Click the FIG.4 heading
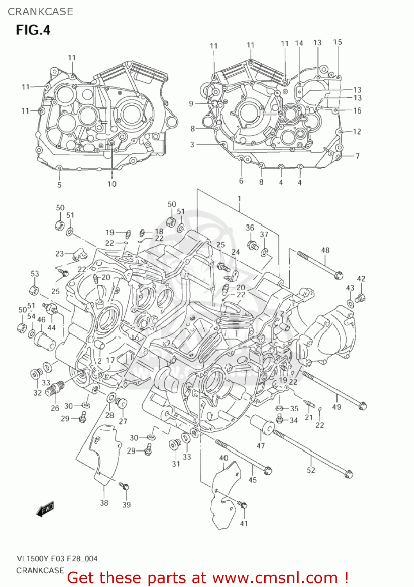(33, 30)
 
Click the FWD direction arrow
(45, 510)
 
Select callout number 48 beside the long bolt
(325, 250)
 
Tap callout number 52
(311, 470)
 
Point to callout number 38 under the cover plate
(104, 503)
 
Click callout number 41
(244, 523)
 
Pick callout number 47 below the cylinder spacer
(261, 446)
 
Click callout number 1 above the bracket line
(239, 199)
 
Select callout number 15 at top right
(337, 42)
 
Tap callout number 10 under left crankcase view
(112, 184)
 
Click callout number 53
(35, 274)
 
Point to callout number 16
(357, 111)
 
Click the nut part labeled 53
(34, 290)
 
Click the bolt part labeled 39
(124, 486)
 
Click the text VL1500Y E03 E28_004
(57, 559)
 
